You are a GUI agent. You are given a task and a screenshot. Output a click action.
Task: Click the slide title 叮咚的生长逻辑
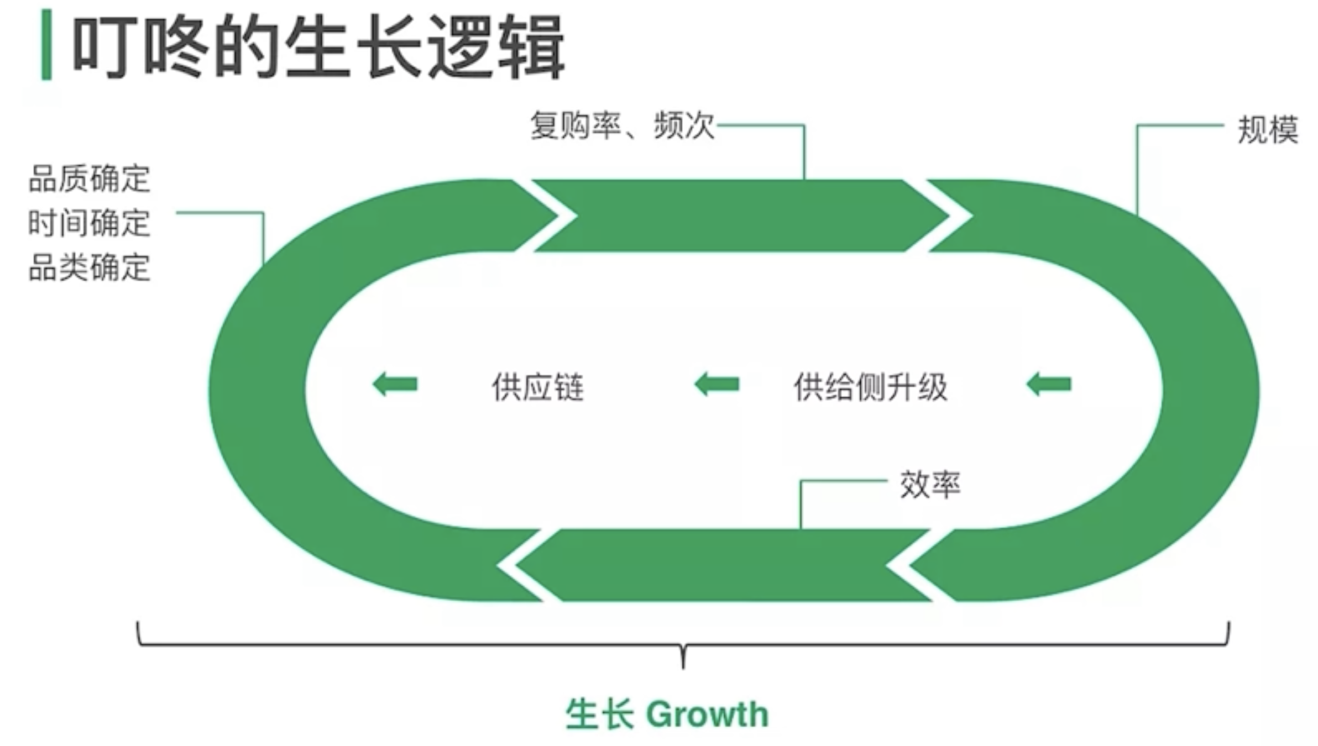click(318, 47)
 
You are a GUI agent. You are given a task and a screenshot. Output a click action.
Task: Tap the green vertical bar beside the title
click(46, 45)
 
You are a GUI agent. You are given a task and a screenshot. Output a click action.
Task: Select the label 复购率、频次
click(622, 125)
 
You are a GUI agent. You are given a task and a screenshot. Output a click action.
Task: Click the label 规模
click(1267, 130)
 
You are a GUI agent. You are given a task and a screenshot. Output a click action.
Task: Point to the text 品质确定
click(89, 179)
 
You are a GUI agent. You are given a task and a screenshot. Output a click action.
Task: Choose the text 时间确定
click(89, 223)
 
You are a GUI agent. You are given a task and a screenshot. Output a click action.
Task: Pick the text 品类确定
click(89, 267)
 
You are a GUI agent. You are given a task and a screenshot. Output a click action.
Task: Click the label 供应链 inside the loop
click(537, 386)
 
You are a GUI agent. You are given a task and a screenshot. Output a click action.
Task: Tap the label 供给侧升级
click(871, 386)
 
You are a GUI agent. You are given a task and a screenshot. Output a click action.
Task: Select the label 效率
click(930, 485)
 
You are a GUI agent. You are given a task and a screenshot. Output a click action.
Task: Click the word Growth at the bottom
click(708, 714)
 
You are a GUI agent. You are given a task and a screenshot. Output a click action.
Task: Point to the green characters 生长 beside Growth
click(599, 714)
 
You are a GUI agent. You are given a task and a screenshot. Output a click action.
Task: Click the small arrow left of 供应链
click(395, 384)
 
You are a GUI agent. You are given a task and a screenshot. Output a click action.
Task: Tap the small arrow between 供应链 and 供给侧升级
click(717, 384)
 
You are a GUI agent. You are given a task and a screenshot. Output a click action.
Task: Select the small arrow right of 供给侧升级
click(1049, 384)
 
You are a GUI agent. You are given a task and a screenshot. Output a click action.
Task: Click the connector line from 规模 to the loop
click(1138, 166)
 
